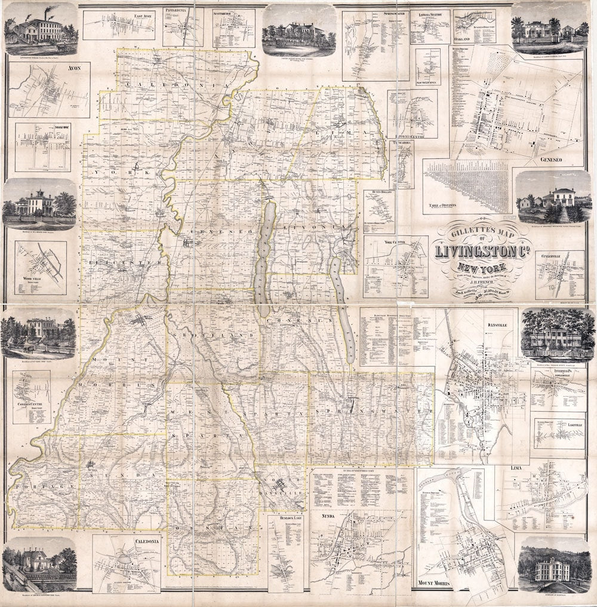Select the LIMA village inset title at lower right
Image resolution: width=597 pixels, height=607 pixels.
click(x=516, y=465)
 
